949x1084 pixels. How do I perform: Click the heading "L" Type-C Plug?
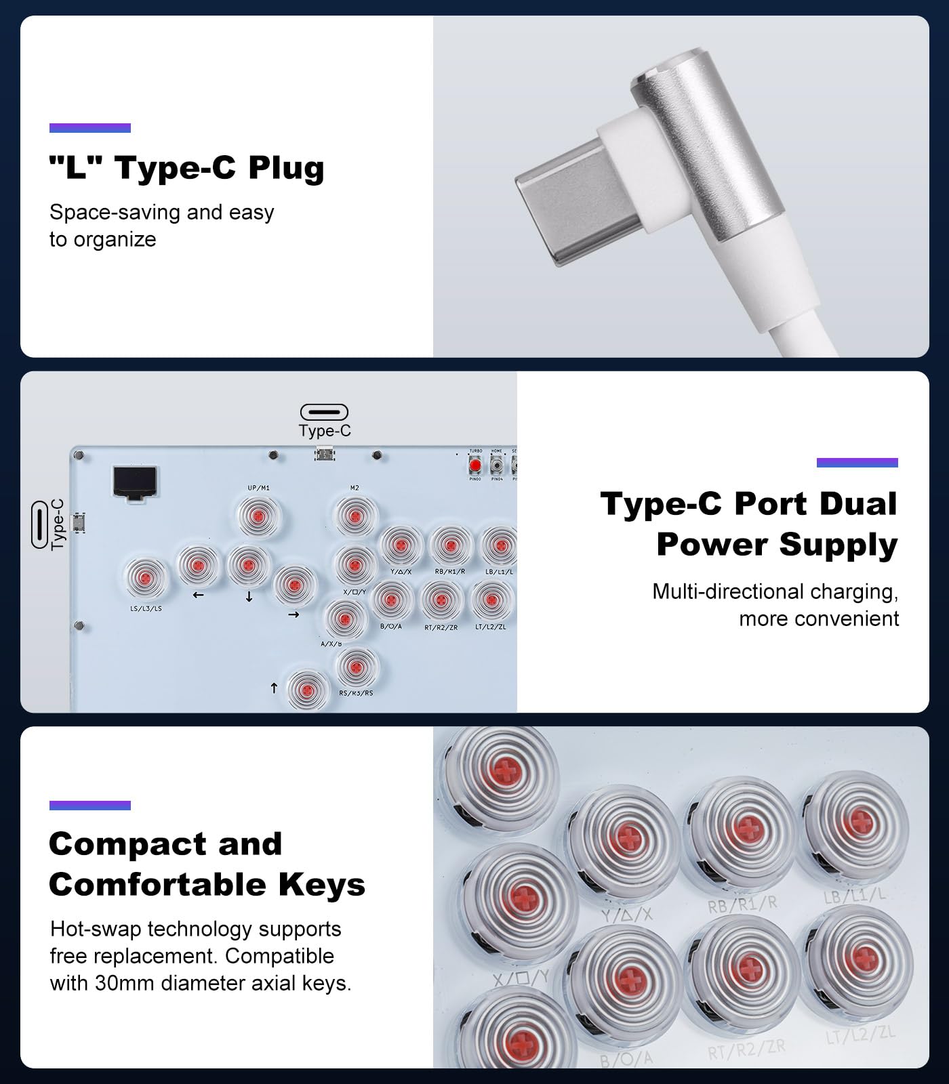click(186, 168)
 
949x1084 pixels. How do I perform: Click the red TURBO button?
click(475, 466)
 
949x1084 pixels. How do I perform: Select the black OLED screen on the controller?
click(135, 482)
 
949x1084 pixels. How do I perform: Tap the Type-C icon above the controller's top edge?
click(324, 412)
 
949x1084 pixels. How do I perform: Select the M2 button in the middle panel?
click(355, 517)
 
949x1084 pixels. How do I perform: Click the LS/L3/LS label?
click(146, 608)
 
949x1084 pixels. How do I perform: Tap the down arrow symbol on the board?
click(249, 597)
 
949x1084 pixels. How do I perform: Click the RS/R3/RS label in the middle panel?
click(356, 693)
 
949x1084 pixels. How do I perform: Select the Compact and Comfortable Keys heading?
click(207, 864)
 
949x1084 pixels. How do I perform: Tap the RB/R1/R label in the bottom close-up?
click(742, 904)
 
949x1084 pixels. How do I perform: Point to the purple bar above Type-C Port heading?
click(857, 463)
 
